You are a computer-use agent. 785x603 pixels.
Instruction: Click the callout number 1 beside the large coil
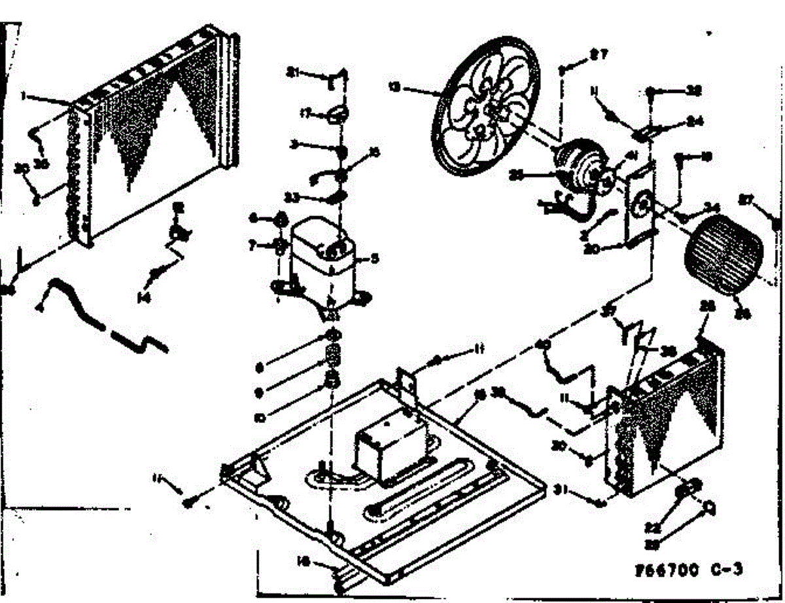[23, 96]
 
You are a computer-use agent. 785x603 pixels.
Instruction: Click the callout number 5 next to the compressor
[375, 258]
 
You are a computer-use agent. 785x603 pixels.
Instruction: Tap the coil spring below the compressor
[333, 357]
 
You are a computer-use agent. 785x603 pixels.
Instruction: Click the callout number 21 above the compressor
[295, 73]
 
